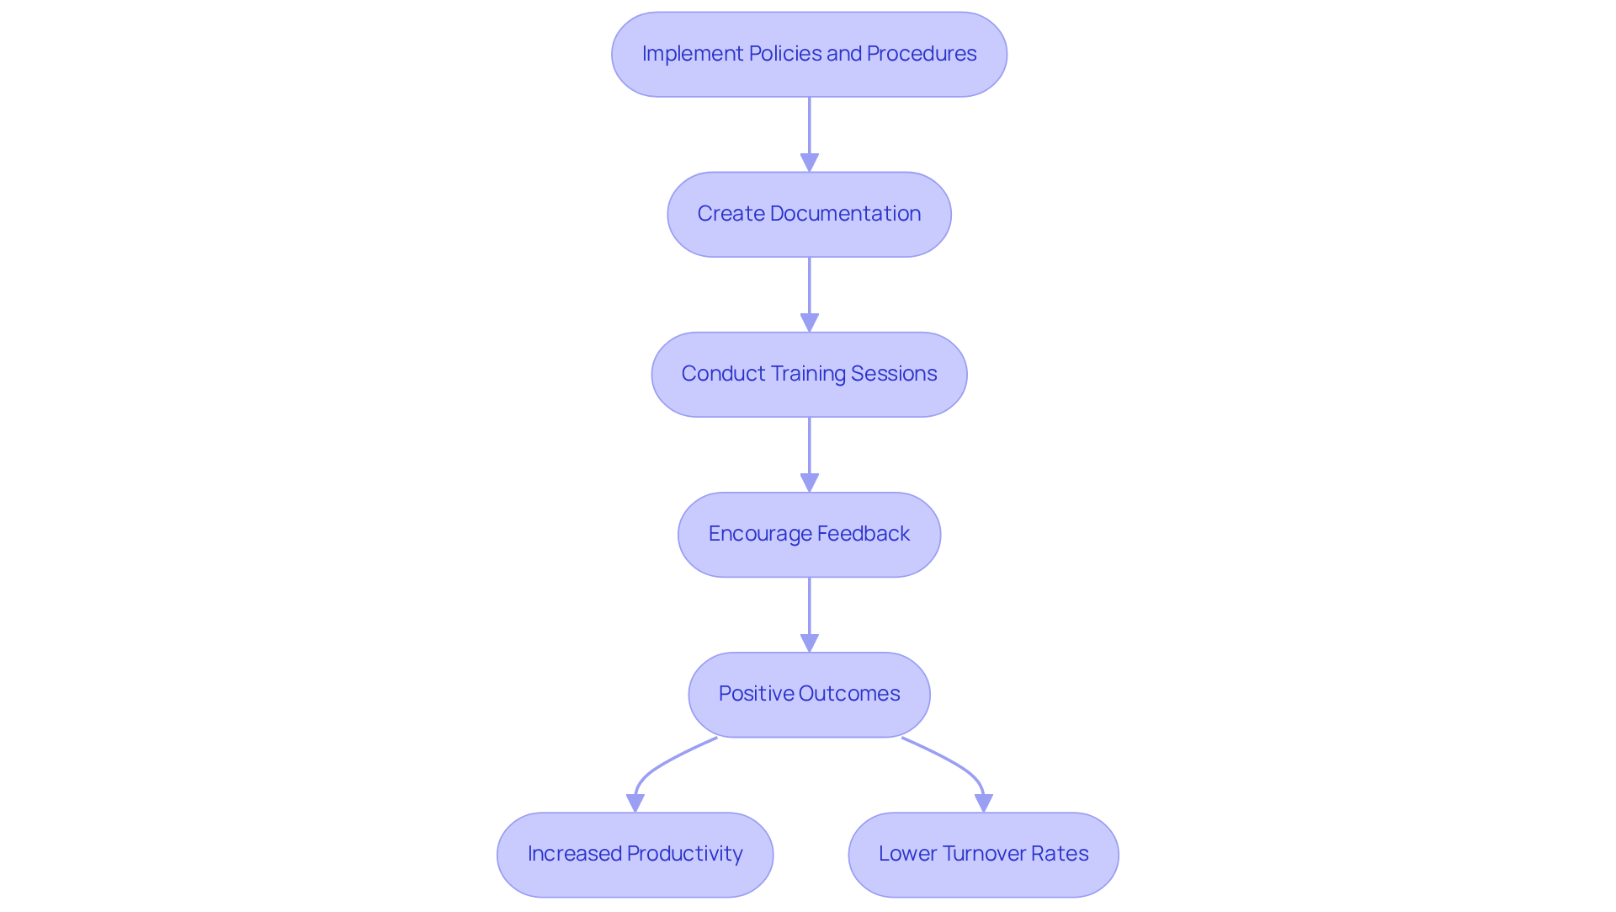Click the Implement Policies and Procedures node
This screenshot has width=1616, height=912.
[x=809, y=54]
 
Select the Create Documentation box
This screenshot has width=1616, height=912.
[x=809, y=214]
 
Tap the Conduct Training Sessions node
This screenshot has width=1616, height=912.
[x=809, y=374]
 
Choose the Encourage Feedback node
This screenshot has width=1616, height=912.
[x=809, y=534]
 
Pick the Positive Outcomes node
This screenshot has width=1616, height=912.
[x=809, y=694]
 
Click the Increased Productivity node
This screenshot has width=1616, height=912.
[x=635, y=854]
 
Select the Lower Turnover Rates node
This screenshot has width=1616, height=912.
[x=983, y=854]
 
